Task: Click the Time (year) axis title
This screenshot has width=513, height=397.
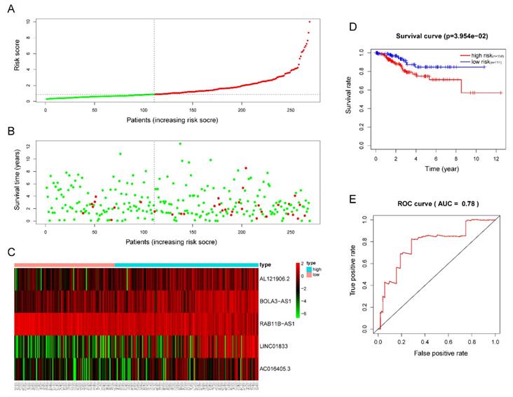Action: coord(437,170)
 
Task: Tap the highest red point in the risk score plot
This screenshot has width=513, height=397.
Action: coord(309,22)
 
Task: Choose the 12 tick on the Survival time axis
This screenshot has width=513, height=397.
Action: coord(29,146)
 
